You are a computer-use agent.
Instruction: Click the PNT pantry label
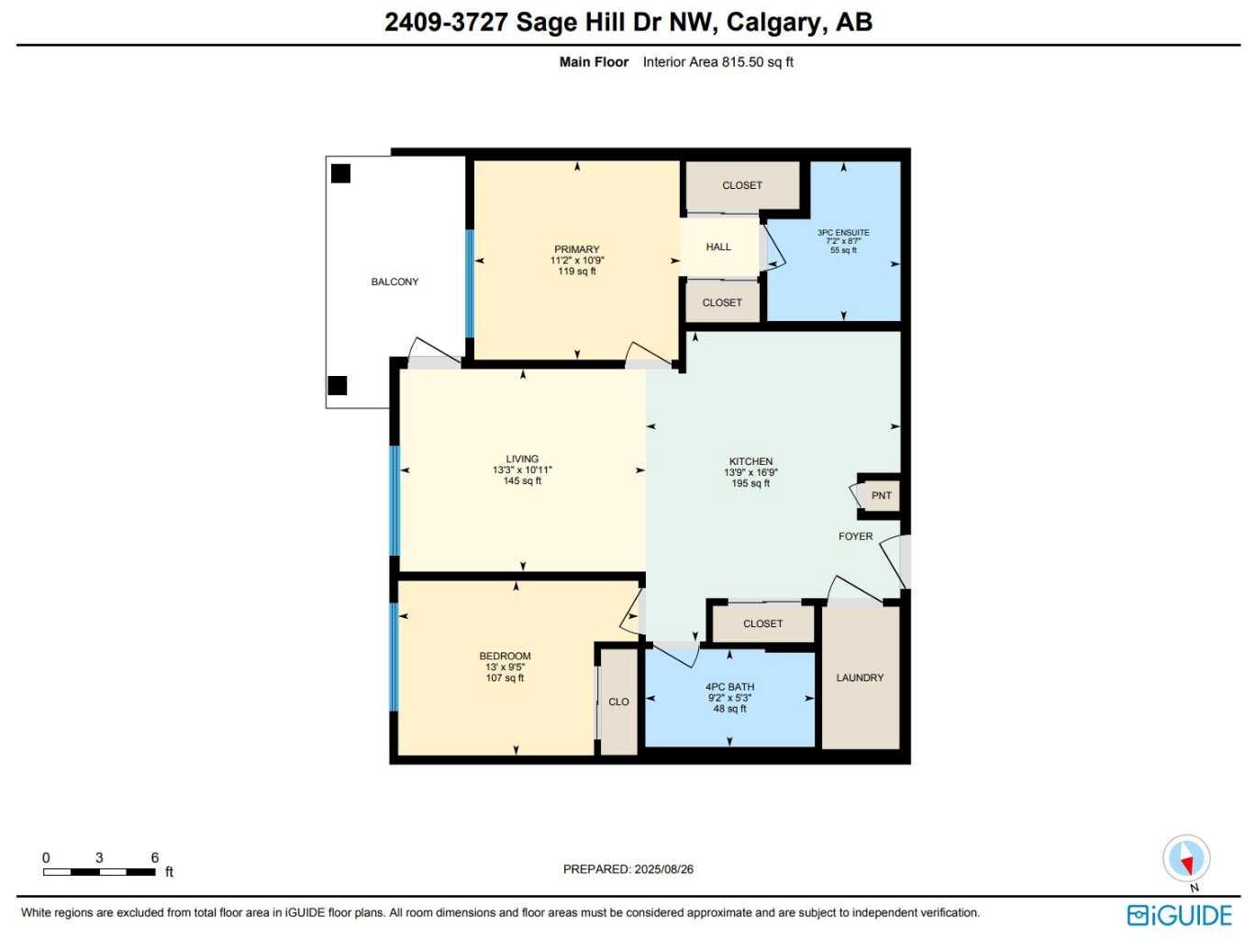pyautogui.click(x=881, y=496)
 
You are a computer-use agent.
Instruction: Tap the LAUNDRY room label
pyautogui.click(x=860, y=678)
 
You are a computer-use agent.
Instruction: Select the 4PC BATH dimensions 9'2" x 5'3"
pyautogui.click(x=729, y=698)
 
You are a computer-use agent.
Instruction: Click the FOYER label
pyautogui.click(x=855, y=536)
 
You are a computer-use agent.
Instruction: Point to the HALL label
pyautogui.click(x=718, y=247)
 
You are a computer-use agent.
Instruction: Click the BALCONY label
pyautogui.click(x=395, y=282)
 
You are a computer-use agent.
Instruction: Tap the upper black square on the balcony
pyautogui.click(x=340, y=173)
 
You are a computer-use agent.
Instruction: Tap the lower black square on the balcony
pyautogui.click(x=338, y=385)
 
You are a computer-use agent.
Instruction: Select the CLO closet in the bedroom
pyautogui.click(x=618, y=701)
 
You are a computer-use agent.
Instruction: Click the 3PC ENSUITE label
pyautogui.click(x=843, y=233)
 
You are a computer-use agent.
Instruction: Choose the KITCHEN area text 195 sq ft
pyautogui.click(x=750, y=483)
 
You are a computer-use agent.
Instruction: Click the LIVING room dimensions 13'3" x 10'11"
pyautogui.click(x=522, y=470)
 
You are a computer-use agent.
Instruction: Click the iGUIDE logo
pyautogui.click(x=1180, y=915)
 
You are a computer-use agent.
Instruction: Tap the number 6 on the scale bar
pyautogui.click(x=155, y=857)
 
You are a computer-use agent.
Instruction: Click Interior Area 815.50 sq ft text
pyautogui.click(x=717, y=62)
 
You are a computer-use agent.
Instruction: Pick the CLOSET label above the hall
pyautogui.click(x=742, y=185)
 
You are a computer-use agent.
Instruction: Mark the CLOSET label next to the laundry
pyautogui.click(x=762, y=624)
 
